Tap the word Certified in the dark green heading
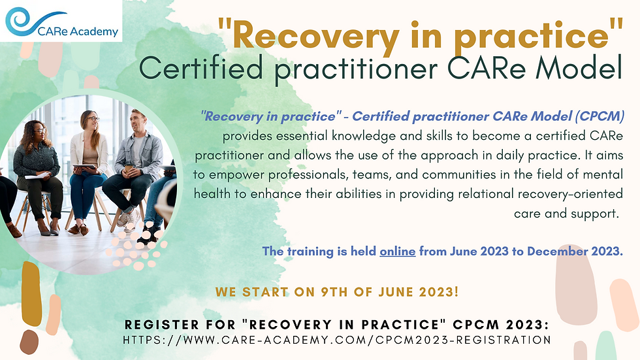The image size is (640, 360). [x=201, y=68]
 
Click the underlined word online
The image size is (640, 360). [x=398, y=251]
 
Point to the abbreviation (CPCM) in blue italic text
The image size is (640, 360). [x=600, y=116]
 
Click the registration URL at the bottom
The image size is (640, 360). [x=337, y=340]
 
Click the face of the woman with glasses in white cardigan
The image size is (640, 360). [x=91, y=121]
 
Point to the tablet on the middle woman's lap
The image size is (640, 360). [x=84, y=166]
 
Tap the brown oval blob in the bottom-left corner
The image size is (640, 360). [x=29, y=342]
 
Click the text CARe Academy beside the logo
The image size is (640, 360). [x=78, y=31]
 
